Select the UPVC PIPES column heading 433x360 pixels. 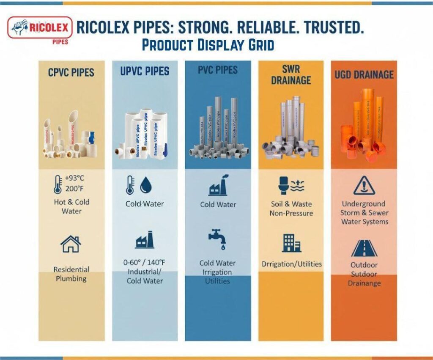tap(145, 71)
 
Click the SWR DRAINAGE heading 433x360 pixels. tap(291, 74)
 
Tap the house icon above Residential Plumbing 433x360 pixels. tap(71, 244)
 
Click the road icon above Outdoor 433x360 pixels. tap(364, 248)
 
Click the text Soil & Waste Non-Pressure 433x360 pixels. tap(291, 209)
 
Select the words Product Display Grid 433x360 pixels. tap(208, 45)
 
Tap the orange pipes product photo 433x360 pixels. tap(364, 127)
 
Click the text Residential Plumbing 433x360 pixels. tap(71, 274)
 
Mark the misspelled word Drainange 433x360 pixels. tap(364, 283)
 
